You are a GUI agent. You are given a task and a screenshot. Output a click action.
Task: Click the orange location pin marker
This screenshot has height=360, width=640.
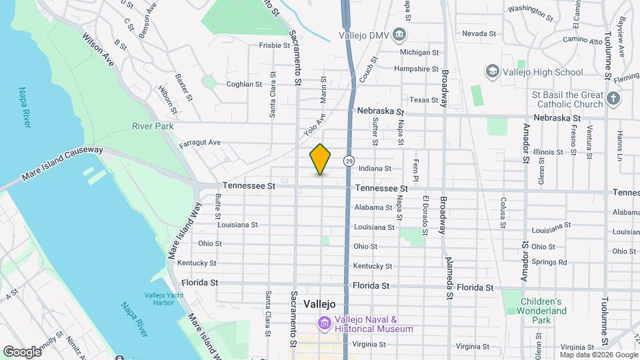click(321, 159)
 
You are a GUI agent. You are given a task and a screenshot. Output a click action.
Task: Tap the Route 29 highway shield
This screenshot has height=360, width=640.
click(349, 161)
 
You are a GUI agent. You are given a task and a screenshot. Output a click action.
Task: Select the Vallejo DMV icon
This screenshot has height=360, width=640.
click(399, 34)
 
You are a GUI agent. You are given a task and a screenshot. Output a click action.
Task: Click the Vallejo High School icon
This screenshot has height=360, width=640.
click(492, 71)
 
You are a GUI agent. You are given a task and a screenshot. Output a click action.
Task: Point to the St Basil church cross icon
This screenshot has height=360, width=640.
click(614, 99)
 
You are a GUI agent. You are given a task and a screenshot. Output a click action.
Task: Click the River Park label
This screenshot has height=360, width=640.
click(153, 126)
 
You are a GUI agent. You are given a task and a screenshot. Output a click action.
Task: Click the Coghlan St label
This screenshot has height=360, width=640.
click(244, 84)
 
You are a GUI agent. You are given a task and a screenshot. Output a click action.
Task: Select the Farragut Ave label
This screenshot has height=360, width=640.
click(200, 143)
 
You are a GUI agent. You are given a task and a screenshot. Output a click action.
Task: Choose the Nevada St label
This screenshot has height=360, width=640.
click(479, 33)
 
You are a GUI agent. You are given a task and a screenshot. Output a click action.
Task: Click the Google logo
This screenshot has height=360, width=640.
click(22, 351)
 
